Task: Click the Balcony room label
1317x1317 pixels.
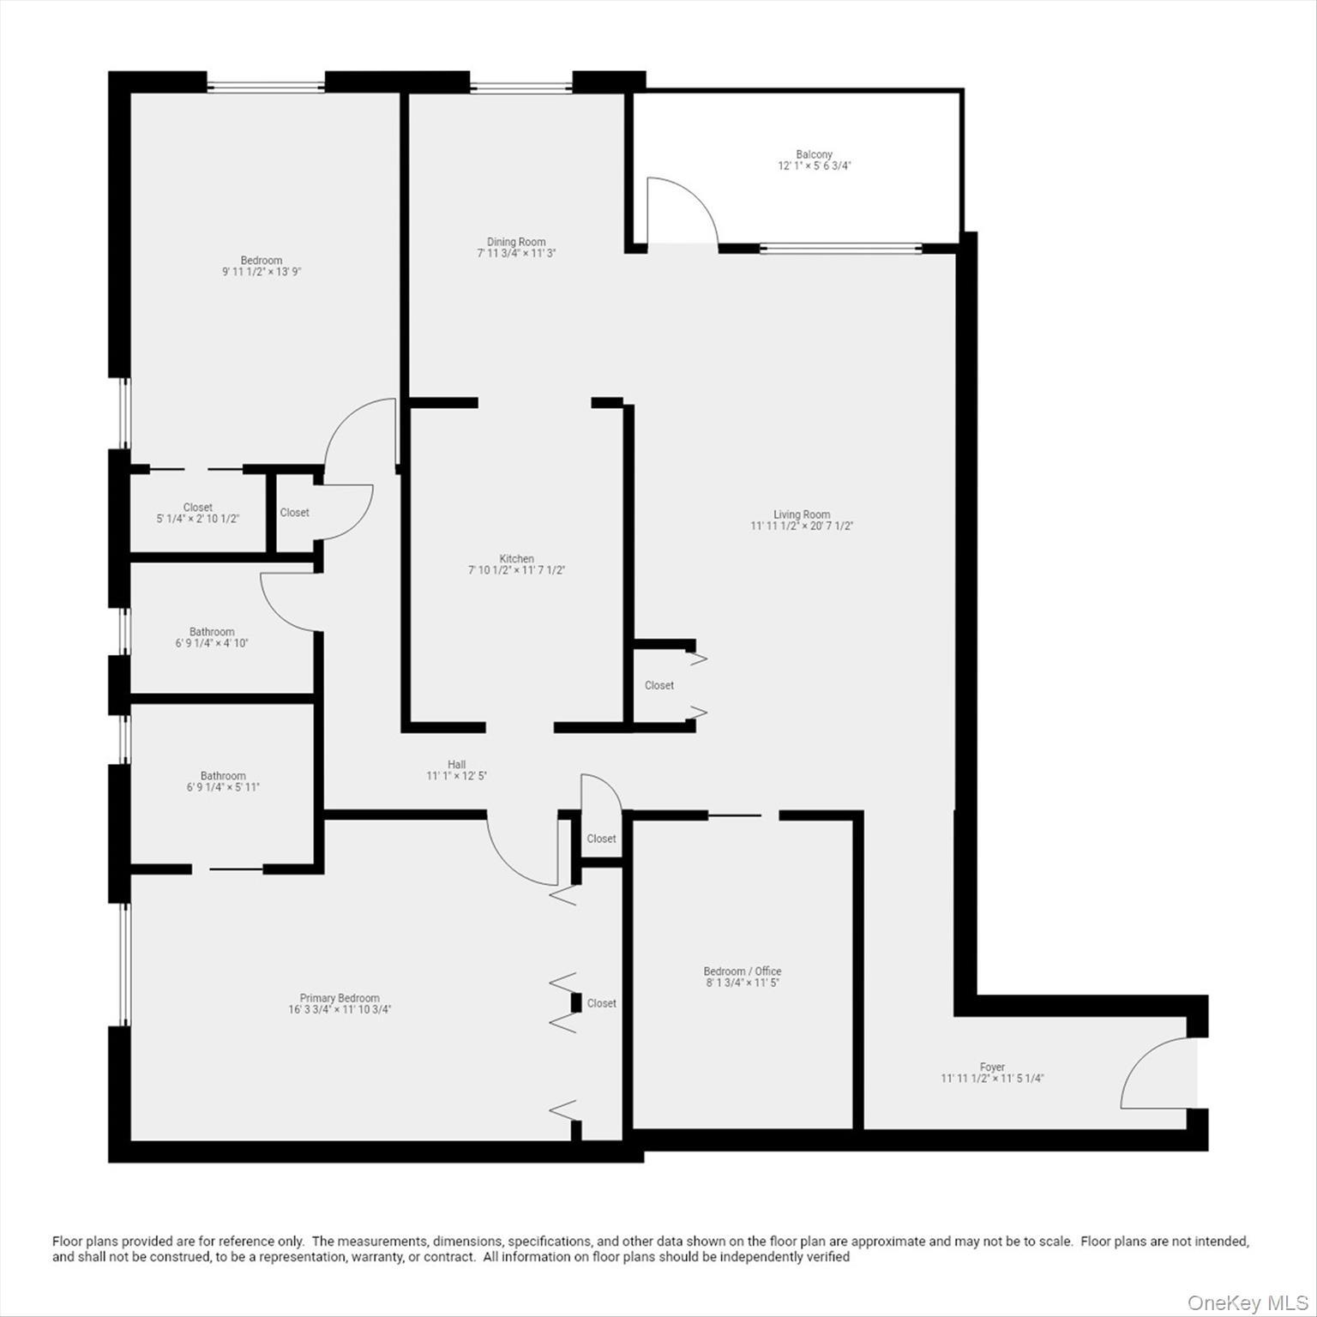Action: pyautogui.click(x=814, y=154)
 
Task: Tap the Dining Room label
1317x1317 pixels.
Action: pyautogui.click(x=516, y=242)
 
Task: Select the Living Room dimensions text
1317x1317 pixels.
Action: pyautogui.click(x=802, y=526)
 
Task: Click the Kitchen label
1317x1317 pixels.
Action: pyautogui.click(x=516, y=558)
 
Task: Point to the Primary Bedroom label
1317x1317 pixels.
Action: pyautogui.click(x=340, y=998)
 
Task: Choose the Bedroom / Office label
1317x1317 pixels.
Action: pyautogui.click(x=743, y=971)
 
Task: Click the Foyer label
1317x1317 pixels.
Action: pyautogui.click(x=992, y=1067)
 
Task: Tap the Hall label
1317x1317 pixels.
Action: pyautogui.click(x=456, y=764)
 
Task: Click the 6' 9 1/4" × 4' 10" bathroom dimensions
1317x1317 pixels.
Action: pyautogui.click(x=212, y=643)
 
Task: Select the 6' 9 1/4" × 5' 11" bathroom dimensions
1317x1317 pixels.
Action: pyautogui.click(x=223, y=787)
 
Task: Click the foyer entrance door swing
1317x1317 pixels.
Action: pyautogui.click(x=1153, y=1076)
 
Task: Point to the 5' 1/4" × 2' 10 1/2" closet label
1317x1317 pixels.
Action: pyautogui.click(x=197, y=519)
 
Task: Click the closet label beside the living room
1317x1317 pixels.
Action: pyautogui.click(x=659, y=685)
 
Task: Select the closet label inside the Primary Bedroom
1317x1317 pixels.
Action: pyautogui.click(x=602, y=1003)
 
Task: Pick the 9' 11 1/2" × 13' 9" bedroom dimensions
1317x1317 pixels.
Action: pyautogui.click(x=262, y=272)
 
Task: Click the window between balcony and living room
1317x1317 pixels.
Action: pyautogui.click(x=840, y=250)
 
